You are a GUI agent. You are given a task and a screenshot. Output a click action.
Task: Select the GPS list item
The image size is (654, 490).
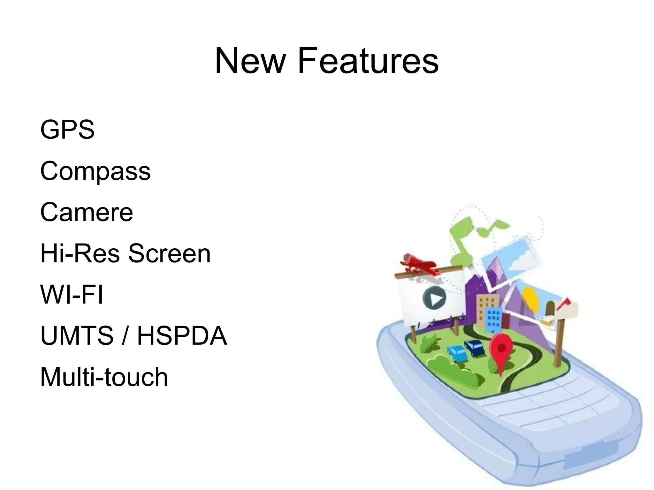coord(67,129)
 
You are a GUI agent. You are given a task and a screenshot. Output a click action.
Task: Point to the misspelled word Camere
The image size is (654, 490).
coord(86,212)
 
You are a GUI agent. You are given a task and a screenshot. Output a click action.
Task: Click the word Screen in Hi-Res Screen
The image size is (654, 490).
coord(169,253)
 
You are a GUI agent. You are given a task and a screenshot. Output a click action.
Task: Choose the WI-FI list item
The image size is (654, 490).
coord(72,294)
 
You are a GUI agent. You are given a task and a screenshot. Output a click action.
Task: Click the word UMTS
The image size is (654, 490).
coord(77,335)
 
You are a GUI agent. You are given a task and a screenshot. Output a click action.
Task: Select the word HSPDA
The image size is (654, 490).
coord(182,335)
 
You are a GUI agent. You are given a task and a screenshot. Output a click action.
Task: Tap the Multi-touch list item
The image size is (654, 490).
coord(104,377)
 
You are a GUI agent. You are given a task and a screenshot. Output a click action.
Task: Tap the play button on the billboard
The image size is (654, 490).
coord(434,298)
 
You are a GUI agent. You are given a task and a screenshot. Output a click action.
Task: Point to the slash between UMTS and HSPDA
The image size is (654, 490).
coord(125,335)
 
